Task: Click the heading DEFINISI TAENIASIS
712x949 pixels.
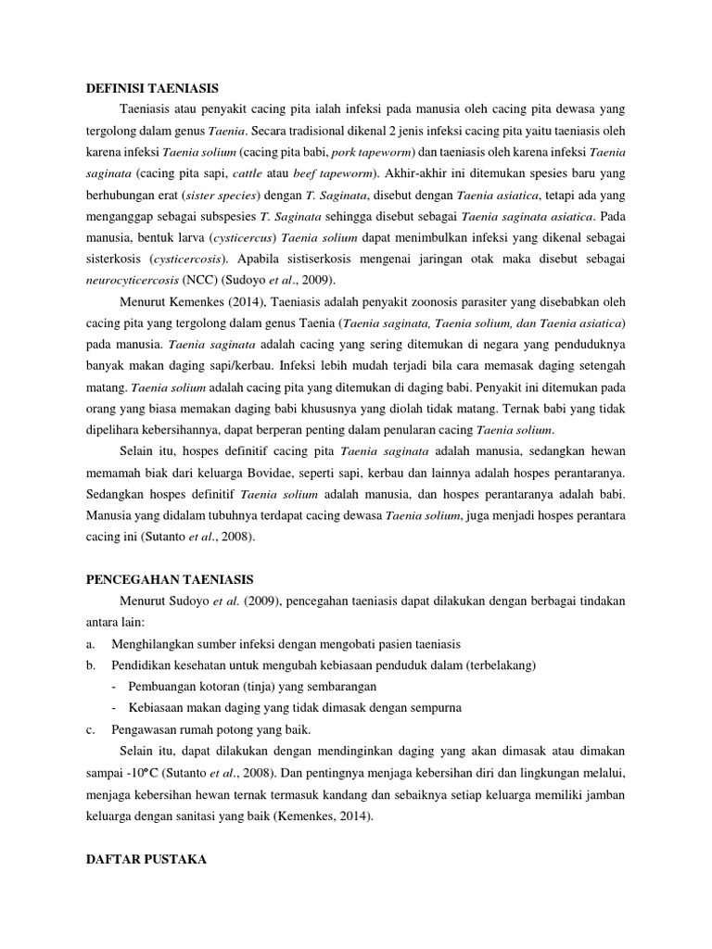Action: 145,88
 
